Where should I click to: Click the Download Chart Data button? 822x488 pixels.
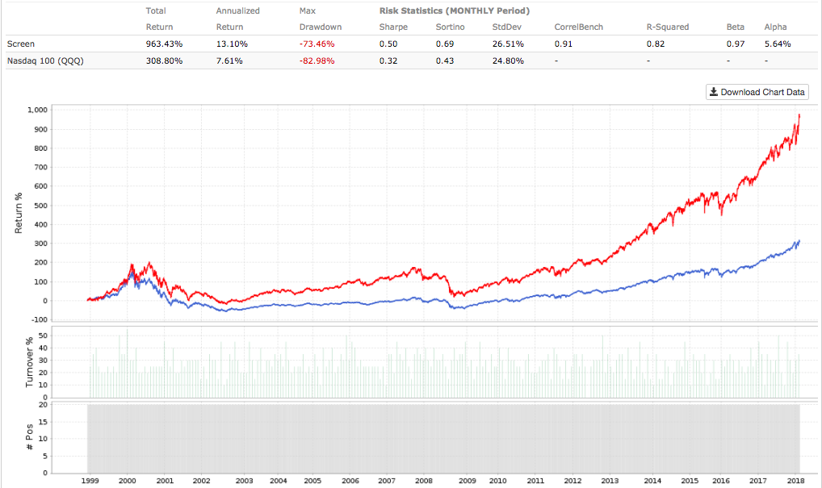(x=757, y=92)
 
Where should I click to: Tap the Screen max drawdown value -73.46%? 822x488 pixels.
(x=316, y=44)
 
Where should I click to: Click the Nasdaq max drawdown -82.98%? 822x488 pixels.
(x=316, y=60)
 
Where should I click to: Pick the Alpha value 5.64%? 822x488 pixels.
(x=777, y=44)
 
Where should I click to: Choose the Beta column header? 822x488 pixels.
(x=735, y=27)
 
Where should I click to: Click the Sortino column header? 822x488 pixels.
(x=449, y=27)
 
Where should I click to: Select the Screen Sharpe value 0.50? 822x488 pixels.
(x=388, y=44)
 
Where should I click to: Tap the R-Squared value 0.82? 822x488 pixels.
(x=655, y=44)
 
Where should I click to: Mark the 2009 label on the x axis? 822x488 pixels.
(x=467, y=480)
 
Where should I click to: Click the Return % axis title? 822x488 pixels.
(x=19, y=213)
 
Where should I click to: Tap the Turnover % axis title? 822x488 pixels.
(x=29, y=363)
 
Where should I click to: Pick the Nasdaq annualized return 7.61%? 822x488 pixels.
(x=231, y=60)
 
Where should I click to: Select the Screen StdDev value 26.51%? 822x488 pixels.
(x=508, y=44)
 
